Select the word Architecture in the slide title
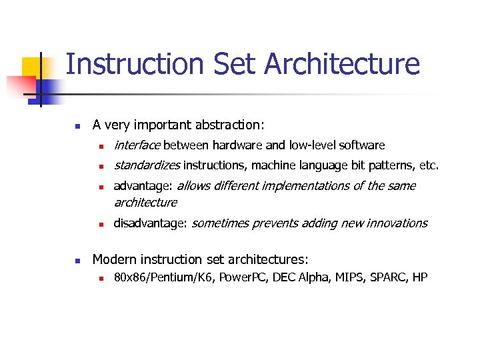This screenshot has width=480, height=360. click(x=342, y=65)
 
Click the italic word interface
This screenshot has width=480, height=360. click(x=137, y=145)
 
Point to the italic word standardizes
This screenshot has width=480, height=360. click(x=147, y=165)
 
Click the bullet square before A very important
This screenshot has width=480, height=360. click(x=77, y=125)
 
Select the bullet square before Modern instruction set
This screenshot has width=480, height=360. click(x=77, y=260)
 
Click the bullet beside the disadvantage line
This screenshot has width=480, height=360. click(x=99, y=224)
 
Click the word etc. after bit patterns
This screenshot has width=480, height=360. click(x=428, y=165)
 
